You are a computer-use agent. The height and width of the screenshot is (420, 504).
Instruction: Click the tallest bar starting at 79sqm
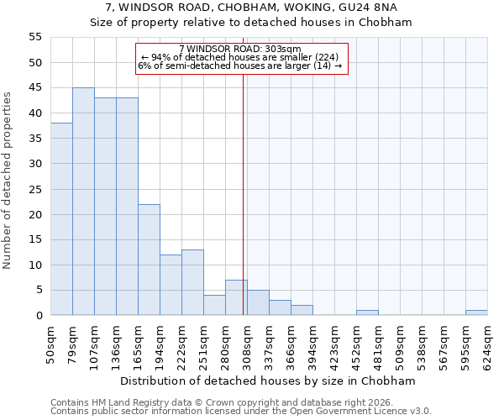point(83,202)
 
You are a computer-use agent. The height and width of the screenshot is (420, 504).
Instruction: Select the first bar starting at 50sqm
point(61,219)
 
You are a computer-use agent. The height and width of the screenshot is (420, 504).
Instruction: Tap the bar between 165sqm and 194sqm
point(149,260)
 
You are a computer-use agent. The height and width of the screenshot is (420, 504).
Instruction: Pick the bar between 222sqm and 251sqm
point(192,282)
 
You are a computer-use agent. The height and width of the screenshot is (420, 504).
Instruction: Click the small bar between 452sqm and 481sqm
point(367,312)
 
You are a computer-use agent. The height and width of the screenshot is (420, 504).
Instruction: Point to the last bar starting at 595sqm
point(476,312)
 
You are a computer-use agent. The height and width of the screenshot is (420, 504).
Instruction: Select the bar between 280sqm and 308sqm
point(236,297)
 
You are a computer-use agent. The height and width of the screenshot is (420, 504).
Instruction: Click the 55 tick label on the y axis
point(35,38)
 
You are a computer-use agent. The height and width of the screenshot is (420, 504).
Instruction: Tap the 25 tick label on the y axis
point(35,189)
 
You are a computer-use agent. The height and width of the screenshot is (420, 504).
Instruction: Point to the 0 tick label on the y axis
point(39,316)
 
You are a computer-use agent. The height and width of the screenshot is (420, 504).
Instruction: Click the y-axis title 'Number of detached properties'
point(8,181)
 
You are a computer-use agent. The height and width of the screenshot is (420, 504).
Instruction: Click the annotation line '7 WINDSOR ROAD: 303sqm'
point(239,50)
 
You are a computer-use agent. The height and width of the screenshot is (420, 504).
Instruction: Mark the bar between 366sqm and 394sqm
point(302,310)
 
